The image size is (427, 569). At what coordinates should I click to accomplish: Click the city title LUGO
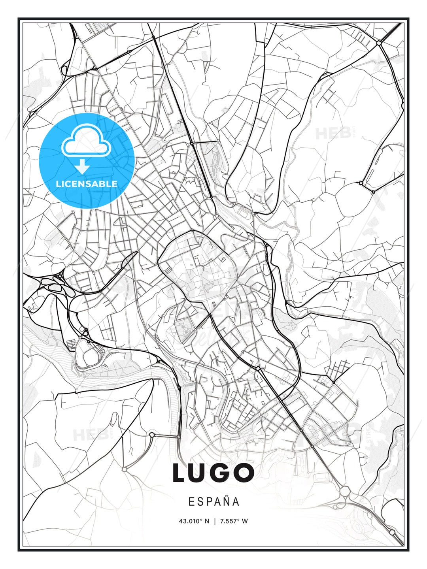[x=213, y=473]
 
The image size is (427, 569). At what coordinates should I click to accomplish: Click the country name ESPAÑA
[x=213, y=501]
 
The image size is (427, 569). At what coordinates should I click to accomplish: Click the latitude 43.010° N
[x=194, y=521]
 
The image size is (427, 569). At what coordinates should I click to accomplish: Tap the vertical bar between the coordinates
[x=214, y=521]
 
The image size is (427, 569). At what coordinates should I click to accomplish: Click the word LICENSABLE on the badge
[x=87, y=184]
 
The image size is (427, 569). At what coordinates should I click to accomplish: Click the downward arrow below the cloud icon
[x=82, y=166]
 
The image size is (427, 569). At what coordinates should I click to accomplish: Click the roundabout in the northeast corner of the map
[x=379, y=42]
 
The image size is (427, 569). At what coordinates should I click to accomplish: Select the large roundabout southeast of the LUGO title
[x=345, y=491]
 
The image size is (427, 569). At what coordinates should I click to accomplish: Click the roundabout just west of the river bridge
[x=152, y=435]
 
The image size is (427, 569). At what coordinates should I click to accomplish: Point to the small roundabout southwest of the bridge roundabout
[x=124, y=469]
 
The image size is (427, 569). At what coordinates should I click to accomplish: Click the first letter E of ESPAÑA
[x=191, y=501]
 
